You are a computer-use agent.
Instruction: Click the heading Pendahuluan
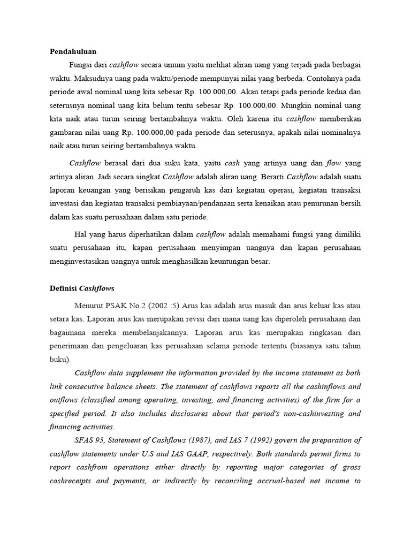pos(73,51)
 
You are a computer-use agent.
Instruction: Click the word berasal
pos(119,163)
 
